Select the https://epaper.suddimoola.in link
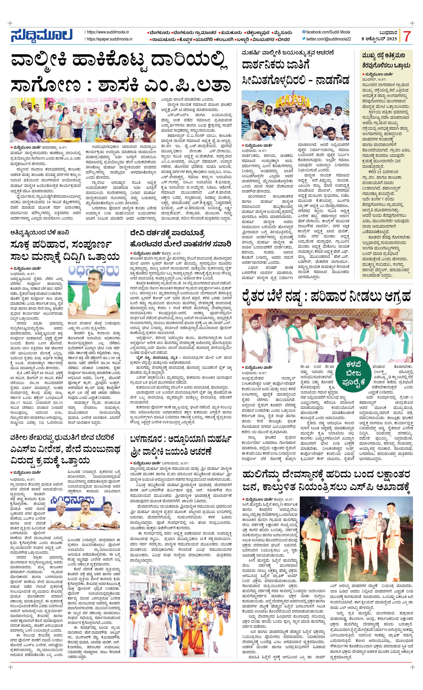point(109,39)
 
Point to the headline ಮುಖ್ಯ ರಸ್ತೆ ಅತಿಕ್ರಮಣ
point(383,55)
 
